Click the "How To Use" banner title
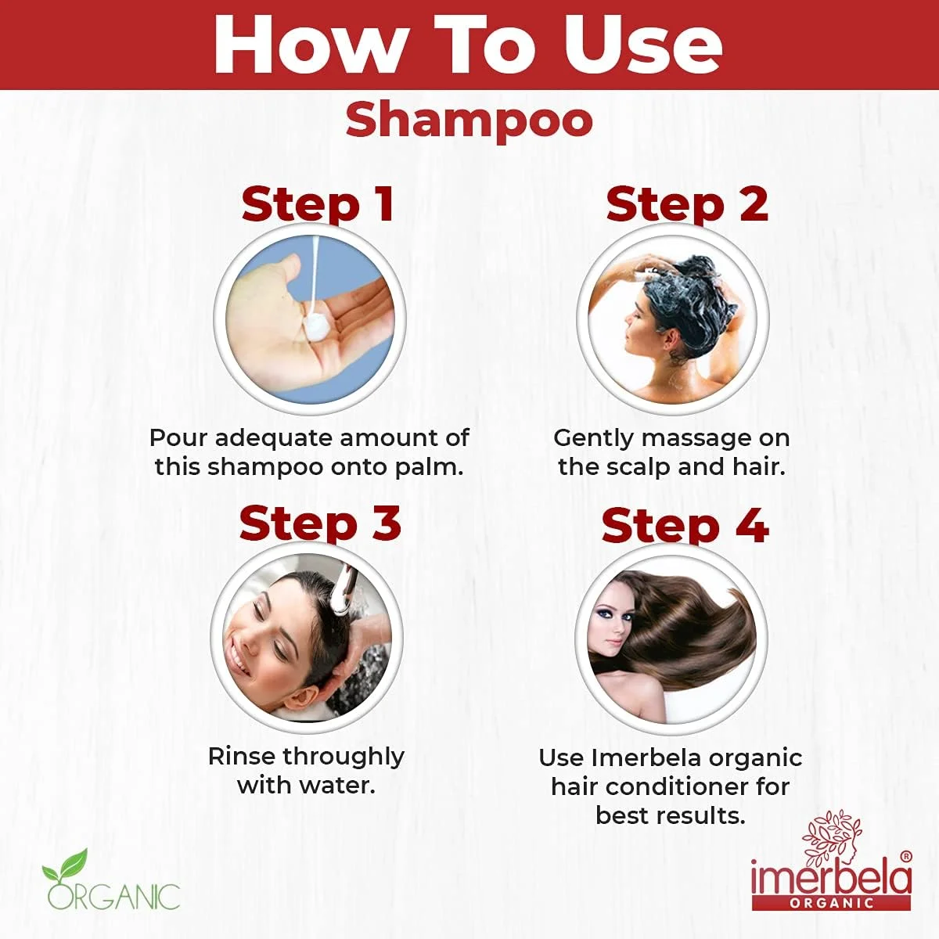[x=468, y=45]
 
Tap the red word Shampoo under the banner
[x=469, y=121]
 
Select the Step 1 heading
[x=318, y=205]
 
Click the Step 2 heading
[x=687, y=205]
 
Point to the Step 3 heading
[x=320, y=523]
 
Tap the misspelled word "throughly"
[x=344, y=757]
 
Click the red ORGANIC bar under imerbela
[x=831, y=903]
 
